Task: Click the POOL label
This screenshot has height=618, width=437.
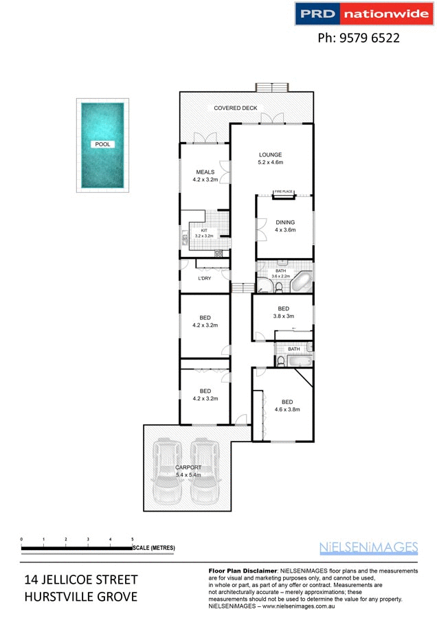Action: click(x=102, y=145)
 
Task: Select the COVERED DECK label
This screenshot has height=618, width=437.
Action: click(x=235, y=108)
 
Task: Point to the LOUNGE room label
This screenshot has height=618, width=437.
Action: click(x=270, y=154)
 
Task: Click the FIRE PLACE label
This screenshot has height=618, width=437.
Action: click(x=283, y=192)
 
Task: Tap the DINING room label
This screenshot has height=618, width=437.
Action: click(x=285, y=222)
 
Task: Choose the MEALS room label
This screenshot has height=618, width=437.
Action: click(x=205, y=172)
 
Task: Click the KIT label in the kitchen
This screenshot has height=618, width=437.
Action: click(x=203, y=230)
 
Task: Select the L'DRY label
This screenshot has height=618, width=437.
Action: click(x=204, y=278)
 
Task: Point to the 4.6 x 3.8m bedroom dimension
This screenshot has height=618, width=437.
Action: click(x=287, y=410)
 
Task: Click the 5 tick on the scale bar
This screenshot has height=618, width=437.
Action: click(x=132, y=540)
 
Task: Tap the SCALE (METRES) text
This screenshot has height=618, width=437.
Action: click(x=154, y=548)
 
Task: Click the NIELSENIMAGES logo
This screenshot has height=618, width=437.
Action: click(x=369, y=547)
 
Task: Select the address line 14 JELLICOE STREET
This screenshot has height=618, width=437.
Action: click(x=81, y=580)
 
